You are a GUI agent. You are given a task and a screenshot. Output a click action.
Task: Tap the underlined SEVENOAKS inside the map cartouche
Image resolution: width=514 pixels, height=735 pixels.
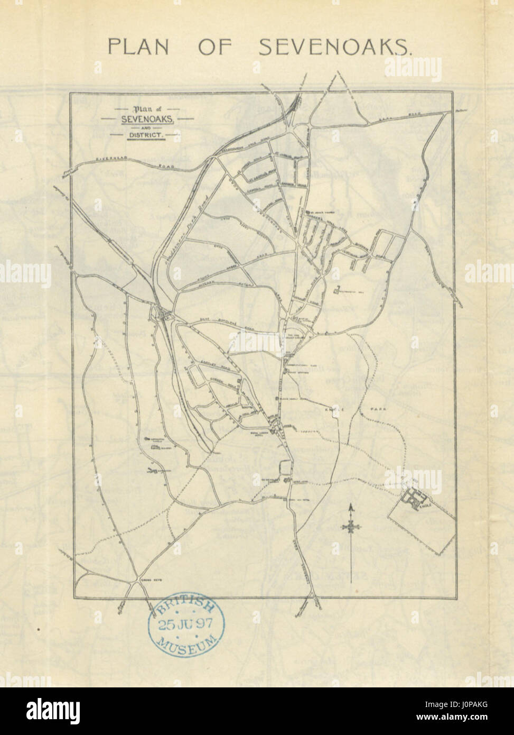(x=144, y=119)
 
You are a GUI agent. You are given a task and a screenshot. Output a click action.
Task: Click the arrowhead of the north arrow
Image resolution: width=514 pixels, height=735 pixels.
(x=351, y=509)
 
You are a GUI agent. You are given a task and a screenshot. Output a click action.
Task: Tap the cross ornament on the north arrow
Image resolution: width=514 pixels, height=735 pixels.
(x=351, y=526)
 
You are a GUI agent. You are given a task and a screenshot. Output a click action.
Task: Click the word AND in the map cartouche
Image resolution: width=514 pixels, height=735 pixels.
(x=144, y=127)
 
